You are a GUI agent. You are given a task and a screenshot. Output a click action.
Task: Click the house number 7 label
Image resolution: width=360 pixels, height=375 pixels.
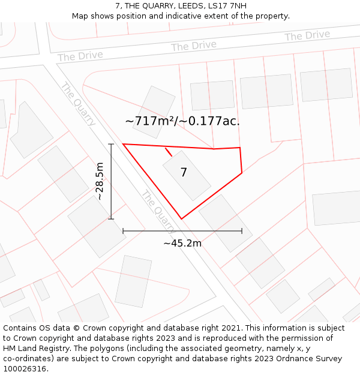tap(184, 172)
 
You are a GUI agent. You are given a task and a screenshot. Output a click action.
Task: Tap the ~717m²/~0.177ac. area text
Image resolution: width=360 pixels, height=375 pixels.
tap(182, 121)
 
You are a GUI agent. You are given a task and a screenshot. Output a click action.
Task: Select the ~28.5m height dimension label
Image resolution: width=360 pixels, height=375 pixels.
tap(100, 181)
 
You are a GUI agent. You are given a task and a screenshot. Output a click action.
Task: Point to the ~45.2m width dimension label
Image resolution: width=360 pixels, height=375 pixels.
tap(182, 243)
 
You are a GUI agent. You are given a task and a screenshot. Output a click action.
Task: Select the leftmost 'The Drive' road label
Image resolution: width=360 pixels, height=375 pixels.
tap(80, 56)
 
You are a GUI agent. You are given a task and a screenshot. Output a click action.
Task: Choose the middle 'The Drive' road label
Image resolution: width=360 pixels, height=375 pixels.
tap(193, 46)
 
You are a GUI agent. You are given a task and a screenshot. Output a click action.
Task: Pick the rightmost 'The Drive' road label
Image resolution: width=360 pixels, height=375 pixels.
tap(307, 36)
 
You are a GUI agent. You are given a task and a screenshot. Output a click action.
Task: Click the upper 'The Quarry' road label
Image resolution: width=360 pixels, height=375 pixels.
tap(78, 104)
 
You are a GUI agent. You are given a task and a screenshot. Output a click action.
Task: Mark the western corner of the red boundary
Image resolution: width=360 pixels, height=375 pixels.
tap(123, 144)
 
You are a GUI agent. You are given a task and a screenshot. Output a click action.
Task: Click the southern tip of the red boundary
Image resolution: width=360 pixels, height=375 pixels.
tap(181, 219)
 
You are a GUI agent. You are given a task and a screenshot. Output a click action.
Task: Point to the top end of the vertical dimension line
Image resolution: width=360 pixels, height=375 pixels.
tap(111, 144)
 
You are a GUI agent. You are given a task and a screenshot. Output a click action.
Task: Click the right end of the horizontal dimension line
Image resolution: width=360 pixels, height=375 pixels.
tap(242, 230)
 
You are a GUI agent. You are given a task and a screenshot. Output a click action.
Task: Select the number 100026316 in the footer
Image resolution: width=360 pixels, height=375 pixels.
tap(24, 369)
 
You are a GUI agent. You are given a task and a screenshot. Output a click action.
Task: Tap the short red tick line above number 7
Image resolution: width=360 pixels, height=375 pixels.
tap(169, 152)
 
